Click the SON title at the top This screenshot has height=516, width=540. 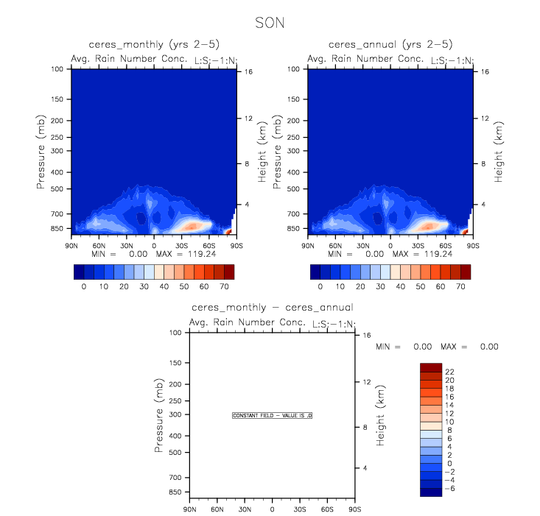tap(269, 23)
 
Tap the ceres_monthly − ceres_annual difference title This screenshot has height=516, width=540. tap(272, 308)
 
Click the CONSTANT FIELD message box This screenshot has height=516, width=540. tap(273, 416)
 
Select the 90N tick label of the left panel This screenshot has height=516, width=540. tap(72, 244)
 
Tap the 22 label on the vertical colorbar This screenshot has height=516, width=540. tap(451, 371)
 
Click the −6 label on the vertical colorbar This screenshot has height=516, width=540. tap(451, 487)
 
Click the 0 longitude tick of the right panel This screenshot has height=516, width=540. tap(391, 244)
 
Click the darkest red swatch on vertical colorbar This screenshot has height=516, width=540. tap(431, 367)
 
